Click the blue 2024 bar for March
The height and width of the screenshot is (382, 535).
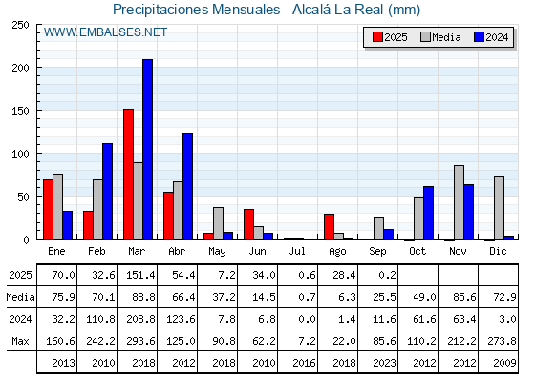point(148,149)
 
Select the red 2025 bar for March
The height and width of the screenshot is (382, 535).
point(128,174)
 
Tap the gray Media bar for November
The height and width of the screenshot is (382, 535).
point(459,202)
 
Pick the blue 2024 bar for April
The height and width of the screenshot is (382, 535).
point(187,186)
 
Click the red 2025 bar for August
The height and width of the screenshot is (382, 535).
point(329,227)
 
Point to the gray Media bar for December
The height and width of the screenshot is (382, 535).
point(499,208)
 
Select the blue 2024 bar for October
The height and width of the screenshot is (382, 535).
point(429,213)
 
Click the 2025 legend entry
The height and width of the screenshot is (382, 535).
point(391,37)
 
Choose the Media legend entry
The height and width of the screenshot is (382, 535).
point(440,37)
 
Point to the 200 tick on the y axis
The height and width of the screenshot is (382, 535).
point(20,68)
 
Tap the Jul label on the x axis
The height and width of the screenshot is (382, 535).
point(297,251)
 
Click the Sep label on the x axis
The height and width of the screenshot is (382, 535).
point(377,252)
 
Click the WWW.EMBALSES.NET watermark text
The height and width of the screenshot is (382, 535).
point(105,32)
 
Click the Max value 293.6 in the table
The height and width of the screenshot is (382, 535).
point(140,341)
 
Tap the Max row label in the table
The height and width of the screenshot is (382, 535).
point(20,341)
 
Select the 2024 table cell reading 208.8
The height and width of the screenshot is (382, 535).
point(140,319)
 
